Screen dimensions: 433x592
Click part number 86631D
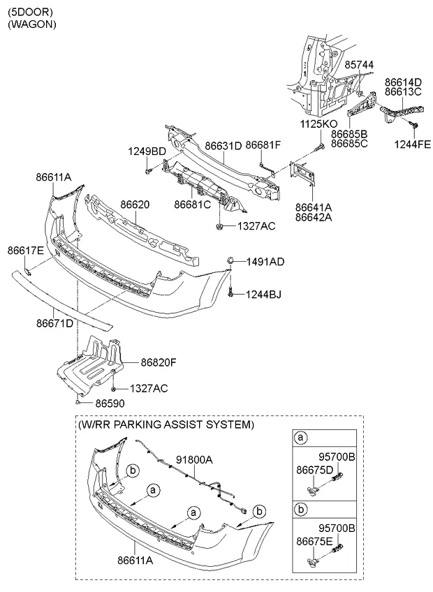[x=223, y=145]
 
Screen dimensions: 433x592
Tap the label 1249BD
[x=147, y=151]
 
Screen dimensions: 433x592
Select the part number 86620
[x=135, y=205]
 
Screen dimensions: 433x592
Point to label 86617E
[x=26, y=251]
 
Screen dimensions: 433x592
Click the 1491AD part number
[x=265, y=262]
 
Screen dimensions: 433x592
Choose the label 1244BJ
[x=264, y=295]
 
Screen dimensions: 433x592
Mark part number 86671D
[x=54, y=323]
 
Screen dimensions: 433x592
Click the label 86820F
[x=159, y=363]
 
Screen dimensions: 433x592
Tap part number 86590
[x=110, y=404]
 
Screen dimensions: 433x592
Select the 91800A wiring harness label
[x=194, y=460]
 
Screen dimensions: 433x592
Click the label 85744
[x=360, y=65]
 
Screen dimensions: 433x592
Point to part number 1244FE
[x=413, y=145]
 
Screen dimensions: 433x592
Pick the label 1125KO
[x=319, y=124]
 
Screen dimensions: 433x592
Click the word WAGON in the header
[x=32, y=24]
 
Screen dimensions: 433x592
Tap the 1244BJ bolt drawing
[x=230, y=294]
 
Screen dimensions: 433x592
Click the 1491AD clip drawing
[x=229, y=260]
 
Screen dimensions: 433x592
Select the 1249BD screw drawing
[x=147, y=172]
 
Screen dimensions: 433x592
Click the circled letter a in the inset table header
[x=301, y=438]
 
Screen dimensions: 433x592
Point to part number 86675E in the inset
[x=314, y=542]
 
